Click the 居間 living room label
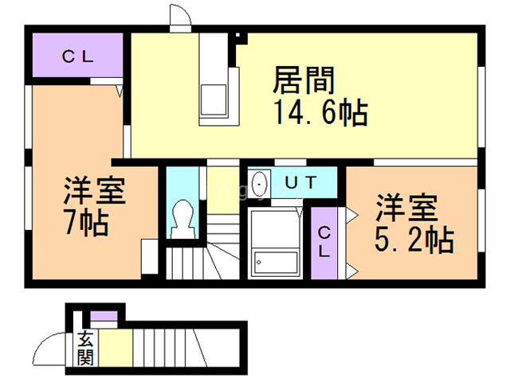[304, 80]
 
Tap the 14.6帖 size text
[321, 112]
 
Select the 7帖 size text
[87, 223]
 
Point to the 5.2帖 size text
[414, 240]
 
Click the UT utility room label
[300, 182]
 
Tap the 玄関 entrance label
[85, 348]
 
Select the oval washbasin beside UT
[259, 184]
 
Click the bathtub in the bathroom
[276, 262]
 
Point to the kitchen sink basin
[214, 99]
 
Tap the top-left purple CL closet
[78, 55]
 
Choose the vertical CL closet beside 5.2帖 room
[324, 243]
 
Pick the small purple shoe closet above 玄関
[104, 316]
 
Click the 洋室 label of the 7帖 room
[94, 191]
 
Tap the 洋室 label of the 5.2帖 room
[406, 208]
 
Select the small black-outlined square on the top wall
[237, 35]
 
